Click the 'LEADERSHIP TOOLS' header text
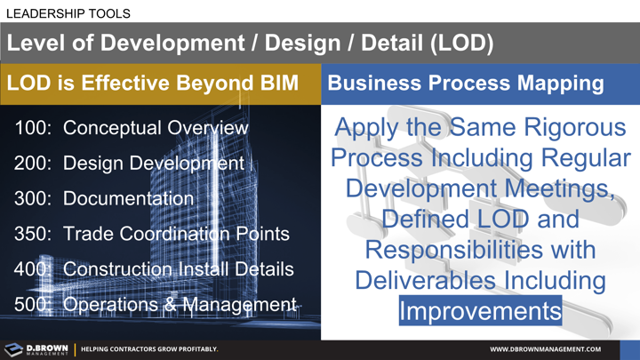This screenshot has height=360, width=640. [68, 13]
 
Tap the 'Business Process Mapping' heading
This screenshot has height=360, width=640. [465, 84]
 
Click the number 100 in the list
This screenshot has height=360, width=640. [33, 128]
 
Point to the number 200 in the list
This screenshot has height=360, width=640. [33, 164]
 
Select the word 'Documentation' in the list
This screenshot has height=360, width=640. [128, 198]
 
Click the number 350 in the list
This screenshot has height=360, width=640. [33, 234]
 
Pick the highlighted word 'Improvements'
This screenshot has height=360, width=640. [480, 311]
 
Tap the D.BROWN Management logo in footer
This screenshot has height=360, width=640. [36, 349]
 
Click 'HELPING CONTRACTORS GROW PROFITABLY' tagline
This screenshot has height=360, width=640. [149, 349]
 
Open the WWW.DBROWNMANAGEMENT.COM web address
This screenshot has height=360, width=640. [545, 349]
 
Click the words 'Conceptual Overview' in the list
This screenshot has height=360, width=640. [156, 128]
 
